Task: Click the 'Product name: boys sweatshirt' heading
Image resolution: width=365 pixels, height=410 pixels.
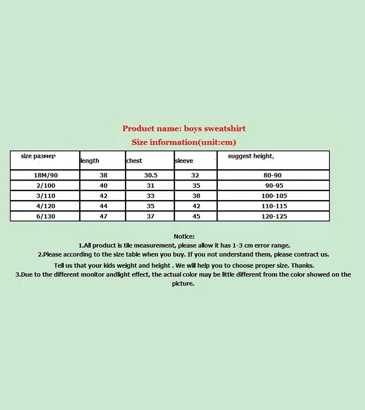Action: [x=184, y=129]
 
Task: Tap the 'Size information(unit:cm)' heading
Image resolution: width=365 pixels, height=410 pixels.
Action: [x=184, y=142]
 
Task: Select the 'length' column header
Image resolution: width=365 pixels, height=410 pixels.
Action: [x=90, y=161]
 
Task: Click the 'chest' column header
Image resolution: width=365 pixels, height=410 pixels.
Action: [x=135, y=161]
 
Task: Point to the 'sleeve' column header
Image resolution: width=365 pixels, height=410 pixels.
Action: [x=184, y=161]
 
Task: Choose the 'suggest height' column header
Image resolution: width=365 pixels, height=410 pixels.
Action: [x=250, y=156]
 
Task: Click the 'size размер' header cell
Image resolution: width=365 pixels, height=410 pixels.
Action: [x=38, y=156]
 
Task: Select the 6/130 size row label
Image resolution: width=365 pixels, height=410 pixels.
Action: [x=44, y=216]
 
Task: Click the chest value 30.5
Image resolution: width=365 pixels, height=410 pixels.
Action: [x=150, y=175]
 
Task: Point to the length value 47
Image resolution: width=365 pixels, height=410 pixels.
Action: [x=103, y=216]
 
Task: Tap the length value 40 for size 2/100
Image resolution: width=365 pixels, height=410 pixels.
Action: [x=103, y=186]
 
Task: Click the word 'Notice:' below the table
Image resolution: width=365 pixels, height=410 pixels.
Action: [x=184, y=236]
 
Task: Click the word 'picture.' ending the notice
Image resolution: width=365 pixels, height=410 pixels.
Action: [x=183, y=284]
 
